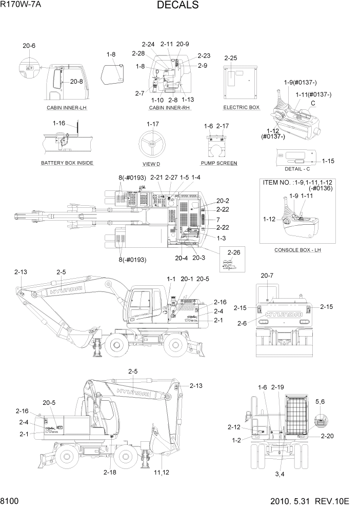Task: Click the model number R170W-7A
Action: pyautogui.click(x=22, y=5)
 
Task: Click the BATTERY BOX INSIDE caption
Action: pyautogui.click(x=67, y=163)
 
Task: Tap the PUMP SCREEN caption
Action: pyautogui.click(x=219, y=163)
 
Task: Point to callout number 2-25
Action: pyautogui.click(x=231, y=58)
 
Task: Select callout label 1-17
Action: pyautogui.click(x=152, y=124)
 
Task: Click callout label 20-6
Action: pyautogui.click(x=29, y=46)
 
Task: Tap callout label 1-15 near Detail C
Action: pyautogui.click(x=328, y=161)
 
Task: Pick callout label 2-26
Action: pyautogui.click(x=233, y=252)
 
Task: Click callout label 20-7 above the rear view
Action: pyautogui.click(x=266, y=276)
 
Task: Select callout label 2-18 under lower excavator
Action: pyautogui.click(x=110, y=472)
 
